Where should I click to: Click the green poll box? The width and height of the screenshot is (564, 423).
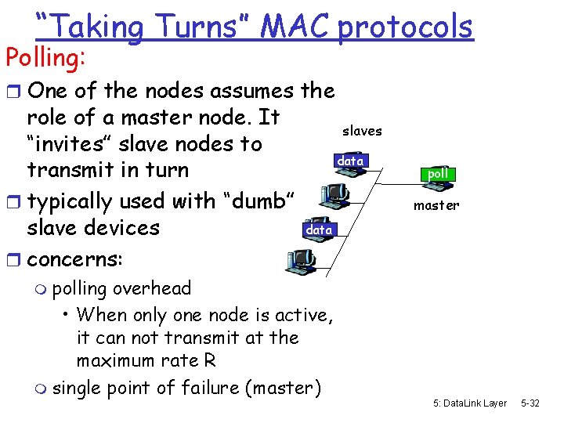pyautogui.click(x=438, y=172)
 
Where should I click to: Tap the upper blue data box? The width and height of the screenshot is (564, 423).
pyautogui.click(x=350, y=161)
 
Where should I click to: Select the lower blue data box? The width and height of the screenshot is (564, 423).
pyautogui.click(x=319, y=230)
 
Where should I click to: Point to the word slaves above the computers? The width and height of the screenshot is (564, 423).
pyautogui.click(x=362, y=131)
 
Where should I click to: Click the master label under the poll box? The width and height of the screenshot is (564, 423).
pyautogui.click(x=436, y=205)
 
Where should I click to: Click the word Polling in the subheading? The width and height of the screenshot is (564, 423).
pyautogui.click(x=44, y=56)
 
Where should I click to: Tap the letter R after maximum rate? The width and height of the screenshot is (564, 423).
pyautogui.click(x=211, y=360)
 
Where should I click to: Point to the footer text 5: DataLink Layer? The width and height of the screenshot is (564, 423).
pyautogui.click(x=469, y=403)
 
